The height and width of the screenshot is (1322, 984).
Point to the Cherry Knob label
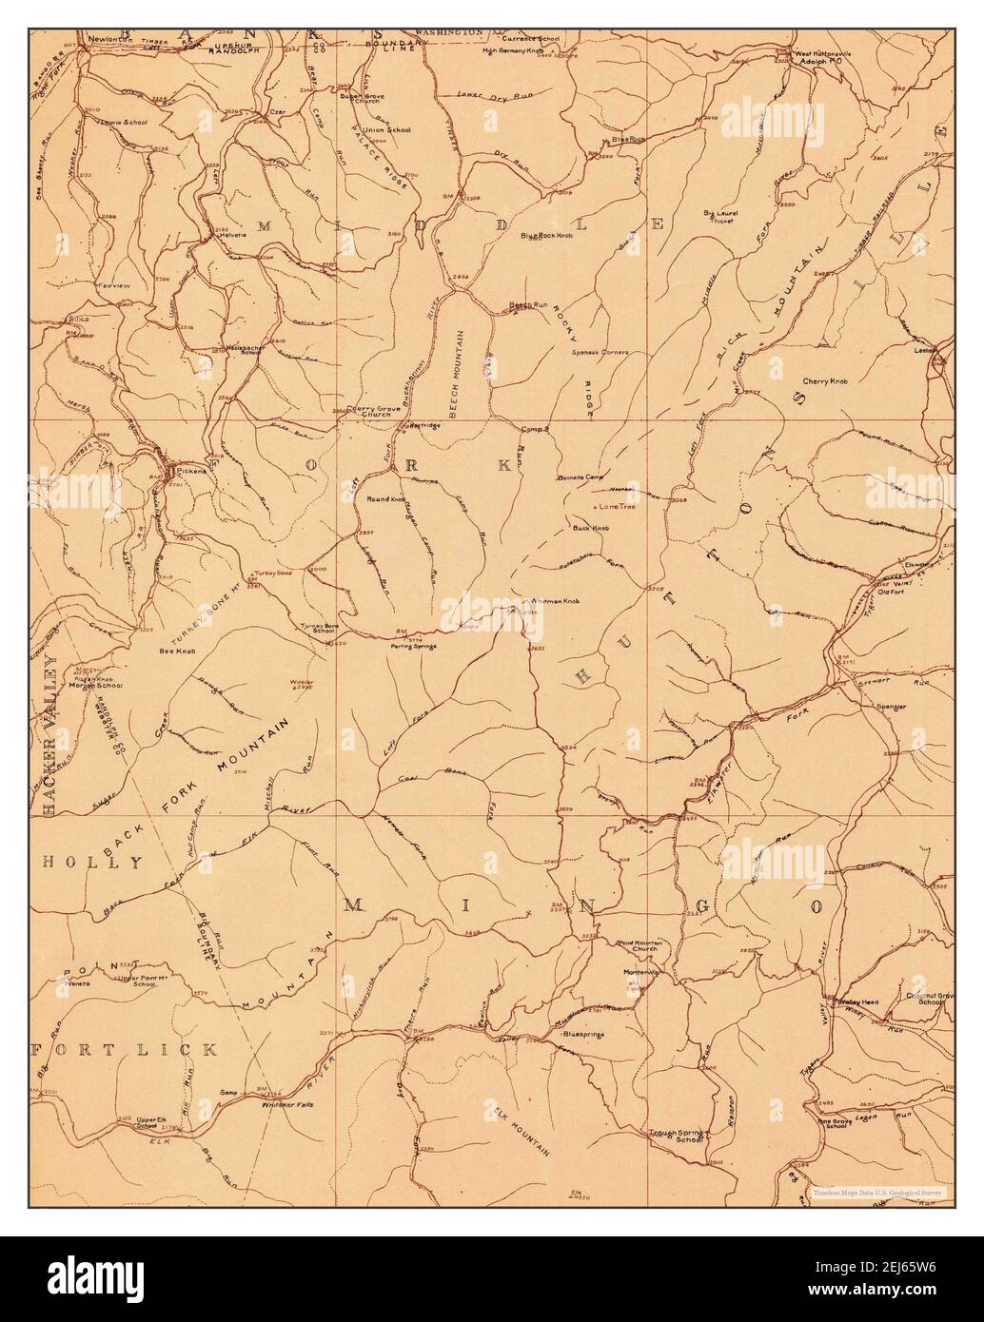(x=824, y=380)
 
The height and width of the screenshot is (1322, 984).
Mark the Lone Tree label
(x=619, y=507)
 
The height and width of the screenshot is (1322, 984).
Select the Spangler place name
(x=891, y=707)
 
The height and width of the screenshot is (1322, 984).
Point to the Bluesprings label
(x=584, y=1033)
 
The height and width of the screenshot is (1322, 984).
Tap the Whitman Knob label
(x=559, y=601)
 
